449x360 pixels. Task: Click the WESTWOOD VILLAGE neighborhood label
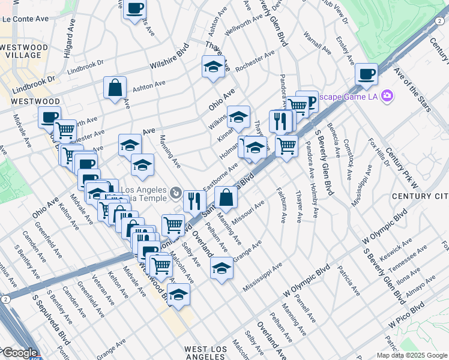[x=23, y=52]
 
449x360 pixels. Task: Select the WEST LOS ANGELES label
[x=214, y=353]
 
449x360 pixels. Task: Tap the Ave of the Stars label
[x=412, y=90]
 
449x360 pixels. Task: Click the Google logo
[x=19, y=353]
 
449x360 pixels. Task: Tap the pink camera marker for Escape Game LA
[x=387, y=95]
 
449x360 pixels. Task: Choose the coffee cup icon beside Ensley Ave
[x=366, y=75]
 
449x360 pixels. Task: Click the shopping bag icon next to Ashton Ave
[x=115, y=88]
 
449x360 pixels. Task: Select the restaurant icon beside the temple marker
[x=194, y=201]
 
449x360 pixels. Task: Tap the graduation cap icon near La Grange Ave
[x=221, y=268]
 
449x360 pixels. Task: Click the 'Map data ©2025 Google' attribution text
[x=411, y=355]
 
